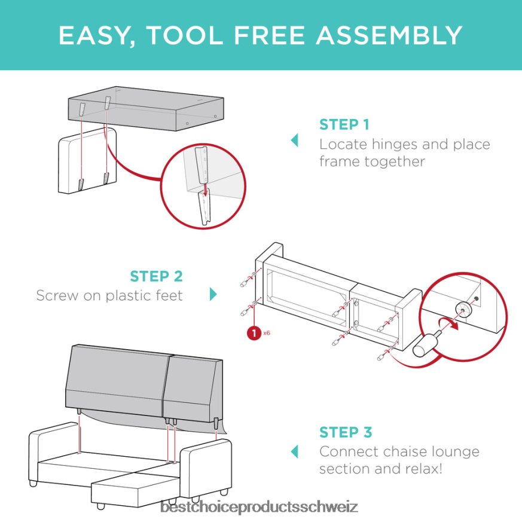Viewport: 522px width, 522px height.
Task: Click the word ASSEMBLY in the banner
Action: (389, 35)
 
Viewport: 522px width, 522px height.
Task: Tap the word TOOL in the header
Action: (185, 35)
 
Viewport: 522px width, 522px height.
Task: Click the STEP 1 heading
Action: (344, 125)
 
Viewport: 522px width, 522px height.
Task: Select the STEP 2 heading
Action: (157, 276)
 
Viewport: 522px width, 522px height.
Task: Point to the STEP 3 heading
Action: (346, 432)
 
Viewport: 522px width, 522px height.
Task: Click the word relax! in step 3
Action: (424, 469)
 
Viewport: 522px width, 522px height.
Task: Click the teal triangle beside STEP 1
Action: (295, 140)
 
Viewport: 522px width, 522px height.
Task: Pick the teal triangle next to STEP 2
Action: (213, 294)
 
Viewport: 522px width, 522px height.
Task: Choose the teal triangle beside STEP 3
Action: (295, 452)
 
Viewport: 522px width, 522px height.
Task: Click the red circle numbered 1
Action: (254, 333)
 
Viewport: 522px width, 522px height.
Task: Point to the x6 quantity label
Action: (267, 332)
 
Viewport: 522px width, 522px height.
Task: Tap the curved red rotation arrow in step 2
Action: (449, 323)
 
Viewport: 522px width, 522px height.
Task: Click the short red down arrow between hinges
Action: (206, 190)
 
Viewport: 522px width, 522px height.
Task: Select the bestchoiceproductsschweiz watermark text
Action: (259, 507)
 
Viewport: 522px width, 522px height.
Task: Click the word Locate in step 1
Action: (343, 145)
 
